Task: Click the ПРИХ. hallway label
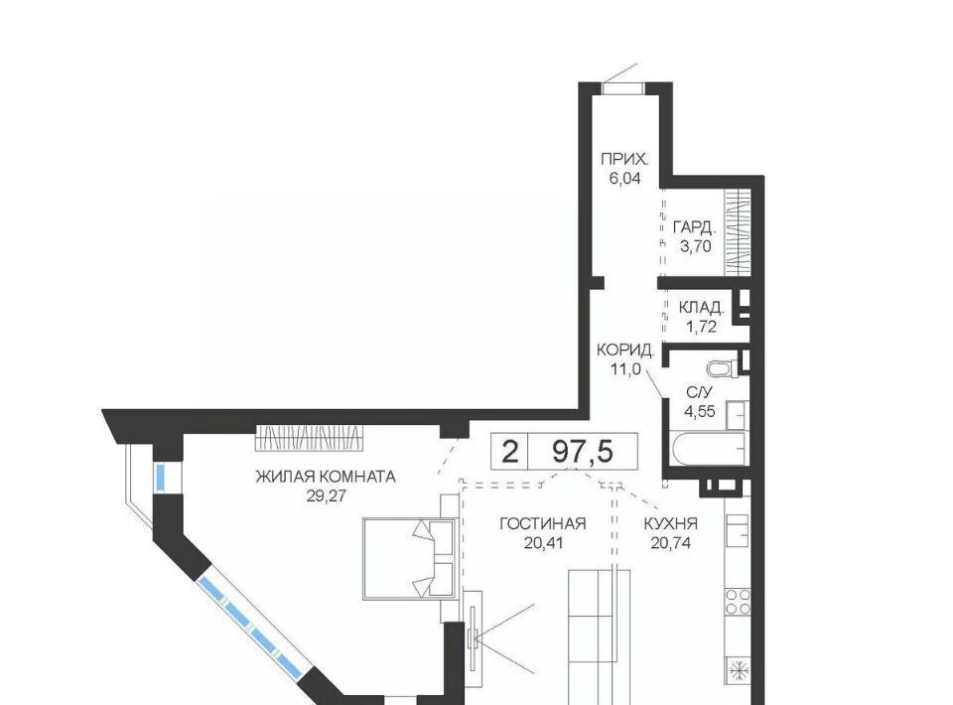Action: [x=624, y=160]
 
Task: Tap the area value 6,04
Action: [x=624, y=179]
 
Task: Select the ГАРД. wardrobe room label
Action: [x=695, y=228]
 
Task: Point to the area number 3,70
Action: [x=696, y=246]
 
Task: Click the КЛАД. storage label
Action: [x=702, y=308]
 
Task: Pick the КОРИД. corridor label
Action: [x=625, y=351]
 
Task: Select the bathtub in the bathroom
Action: [x=707, y=449]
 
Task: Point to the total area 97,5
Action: [x=583, y=452]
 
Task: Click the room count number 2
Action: [x=510, y=452]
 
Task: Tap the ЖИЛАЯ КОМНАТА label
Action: [x=326, y=477]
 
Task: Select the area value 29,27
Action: [x=326, y=495]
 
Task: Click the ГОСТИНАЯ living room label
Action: [x=543, y=523]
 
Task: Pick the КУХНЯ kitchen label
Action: [x=670, y=523]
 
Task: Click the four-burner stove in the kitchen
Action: [x=738, y=601]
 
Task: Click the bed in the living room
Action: [x=410, y=558]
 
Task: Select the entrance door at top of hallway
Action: [x=623, y=87]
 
